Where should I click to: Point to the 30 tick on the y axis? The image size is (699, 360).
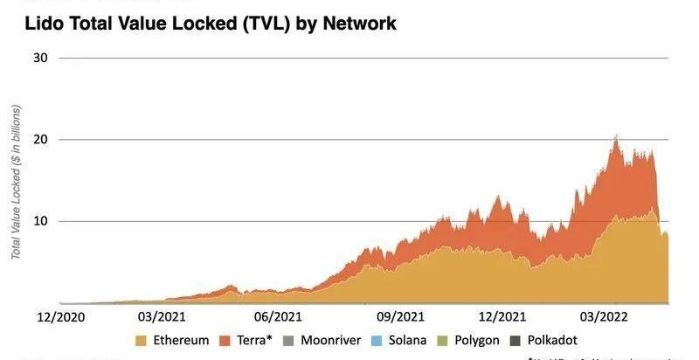tap(41, 59)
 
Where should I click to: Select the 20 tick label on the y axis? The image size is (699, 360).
tap(41, 140)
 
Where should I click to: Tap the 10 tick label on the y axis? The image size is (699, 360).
tap(41, 221)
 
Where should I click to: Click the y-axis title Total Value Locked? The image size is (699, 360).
tap(16, 182)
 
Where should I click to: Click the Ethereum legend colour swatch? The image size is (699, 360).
tap(142, 340)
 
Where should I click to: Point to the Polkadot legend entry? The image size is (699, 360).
tap(559, 340)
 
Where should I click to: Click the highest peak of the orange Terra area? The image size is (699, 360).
tap(617, 136)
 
